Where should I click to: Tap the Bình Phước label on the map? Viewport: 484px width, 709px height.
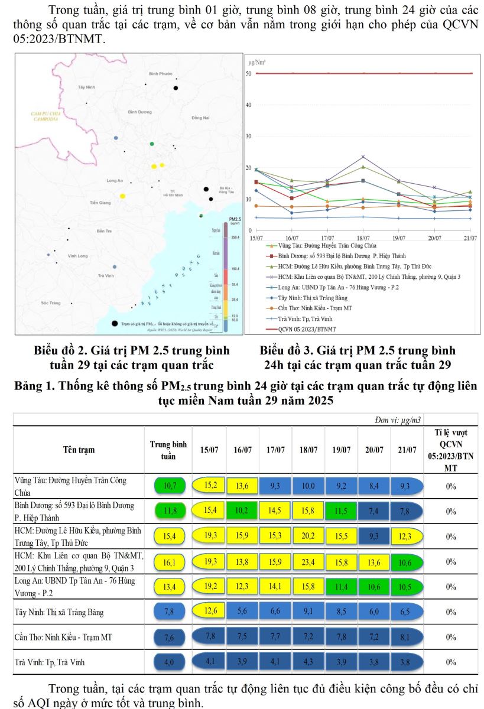point(160,73)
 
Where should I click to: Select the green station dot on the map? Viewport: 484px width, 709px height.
point(152,144)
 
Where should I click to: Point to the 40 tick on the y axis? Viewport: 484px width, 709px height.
point(249,105)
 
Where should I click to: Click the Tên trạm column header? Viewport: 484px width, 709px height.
point(79,450)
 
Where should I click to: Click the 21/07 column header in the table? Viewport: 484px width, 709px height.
point(407,450)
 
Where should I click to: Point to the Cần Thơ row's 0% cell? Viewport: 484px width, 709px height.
point(451,638)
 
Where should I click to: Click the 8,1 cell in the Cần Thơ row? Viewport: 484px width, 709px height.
point(407,638)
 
